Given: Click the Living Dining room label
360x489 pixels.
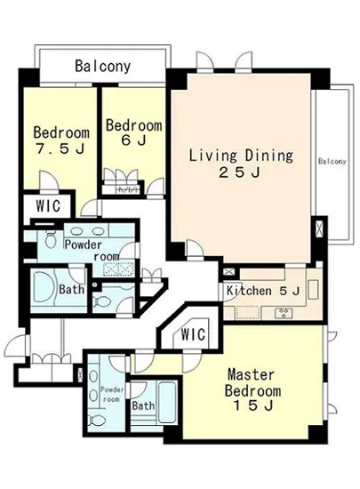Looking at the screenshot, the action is coord(242,156).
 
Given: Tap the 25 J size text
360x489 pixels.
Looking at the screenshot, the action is coord(240,172).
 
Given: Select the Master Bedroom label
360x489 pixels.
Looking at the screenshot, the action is coord(252,382).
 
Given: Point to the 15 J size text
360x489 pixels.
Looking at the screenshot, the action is coord(253,405).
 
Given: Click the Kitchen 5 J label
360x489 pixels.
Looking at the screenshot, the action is coord(263,291).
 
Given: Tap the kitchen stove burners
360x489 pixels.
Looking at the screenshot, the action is coord(284,313).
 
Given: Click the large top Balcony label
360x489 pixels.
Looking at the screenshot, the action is coord(103,67).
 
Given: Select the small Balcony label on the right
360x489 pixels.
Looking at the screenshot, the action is coord(332,161).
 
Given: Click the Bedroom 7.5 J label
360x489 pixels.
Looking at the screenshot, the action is coord(61,140).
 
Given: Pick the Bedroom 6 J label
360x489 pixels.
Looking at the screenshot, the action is coord(134,132).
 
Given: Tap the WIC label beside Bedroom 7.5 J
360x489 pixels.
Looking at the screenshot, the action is coord(48,205).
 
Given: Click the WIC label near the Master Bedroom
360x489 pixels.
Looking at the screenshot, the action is coord(193,334).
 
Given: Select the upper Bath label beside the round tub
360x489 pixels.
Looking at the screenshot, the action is coord(71,289).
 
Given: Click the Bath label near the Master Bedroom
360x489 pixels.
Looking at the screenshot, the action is coord(143,405).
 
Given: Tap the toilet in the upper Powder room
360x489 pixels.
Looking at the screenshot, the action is coord(50,239).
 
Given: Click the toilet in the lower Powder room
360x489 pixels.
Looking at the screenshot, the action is coord(96,420).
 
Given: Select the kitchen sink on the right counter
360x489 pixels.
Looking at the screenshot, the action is coord(313,290).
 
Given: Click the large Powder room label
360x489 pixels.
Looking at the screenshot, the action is coord(92,251).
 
